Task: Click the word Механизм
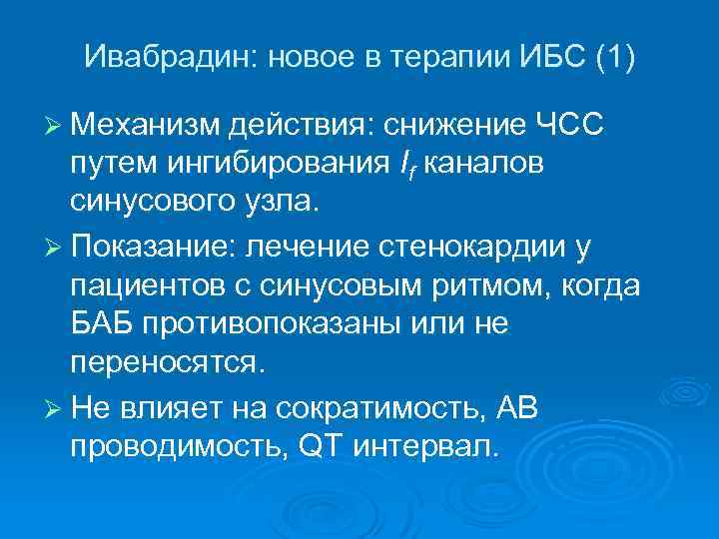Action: pos(144,127)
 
